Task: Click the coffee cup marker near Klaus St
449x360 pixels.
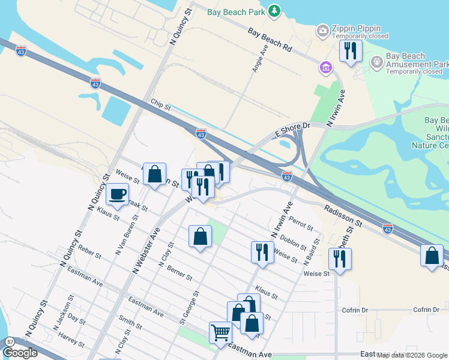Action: click(117, 194)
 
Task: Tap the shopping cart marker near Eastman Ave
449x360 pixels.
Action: click(220, 332)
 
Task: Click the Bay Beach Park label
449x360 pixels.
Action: click(235, 11)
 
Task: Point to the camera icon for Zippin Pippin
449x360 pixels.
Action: click(323, 30)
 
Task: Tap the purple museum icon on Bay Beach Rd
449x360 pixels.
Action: click(325, 67)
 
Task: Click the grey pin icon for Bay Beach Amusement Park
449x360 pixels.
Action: click(377, 61)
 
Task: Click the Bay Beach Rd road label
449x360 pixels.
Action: click(270, 40)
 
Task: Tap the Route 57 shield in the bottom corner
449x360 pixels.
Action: click(10, 341)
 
